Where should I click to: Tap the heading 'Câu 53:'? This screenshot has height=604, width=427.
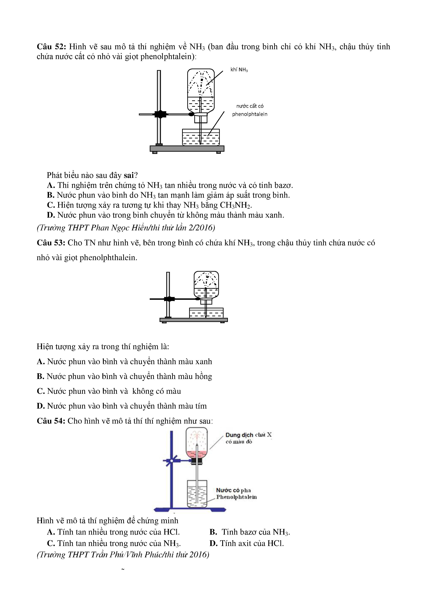pyautogui.click(x=51, y=243)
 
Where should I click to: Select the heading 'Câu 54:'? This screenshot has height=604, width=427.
pyautogui.click(x=51, y=421)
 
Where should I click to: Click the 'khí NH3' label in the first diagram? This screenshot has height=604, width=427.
pyautogui.click(x=239, y=70)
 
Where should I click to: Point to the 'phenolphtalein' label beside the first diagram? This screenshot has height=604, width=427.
pyautogui.click(x=250, y=114)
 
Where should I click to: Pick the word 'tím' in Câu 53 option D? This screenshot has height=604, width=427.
pyautogui.click(x=201, y=406)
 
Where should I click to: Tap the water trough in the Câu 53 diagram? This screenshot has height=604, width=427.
pyautogui.click(x=206, y=313)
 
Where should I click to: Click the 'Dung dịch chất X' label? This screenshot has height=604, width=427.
pyautogui.click(x=248, y=435)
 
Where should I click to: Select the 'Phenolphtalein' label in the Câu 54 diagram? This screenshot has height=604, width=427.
pyautogui.click(x=236, y=497)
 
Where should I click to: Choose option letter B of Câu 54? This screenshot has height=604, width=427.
pyautogui.click(x=213, y=532)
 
